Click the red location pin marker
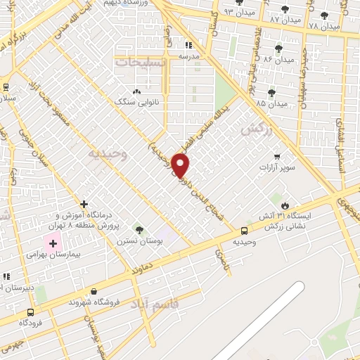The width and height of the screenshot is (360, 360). pos(181,166)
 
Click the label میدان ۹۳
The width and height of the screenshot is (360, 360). pos(239,12)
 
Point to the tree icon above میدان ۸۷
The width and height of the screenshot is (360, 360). pos(285,9)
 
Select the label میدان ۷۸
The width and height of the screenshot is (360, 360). pos(324,25)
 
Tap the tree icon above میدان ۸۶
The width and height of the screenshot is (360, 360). pos(278,49)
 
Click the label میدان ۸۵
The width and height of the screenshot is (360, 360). pos(271,103)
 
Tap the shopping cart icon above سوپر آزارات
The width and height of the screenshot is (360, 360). pos(278,157)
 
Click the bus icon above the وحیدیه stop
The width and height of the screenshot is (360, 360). pos(244,231)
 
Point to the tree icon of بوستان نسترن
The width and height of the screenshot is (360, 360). pos(139,229)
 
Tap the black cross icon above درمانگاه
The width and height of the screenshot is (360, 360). pos(84,204)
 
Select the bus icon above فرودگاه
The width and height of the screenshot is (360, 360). pos(30,311)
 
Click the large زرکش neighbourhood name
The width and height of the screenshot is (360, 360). pos(256,130)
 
